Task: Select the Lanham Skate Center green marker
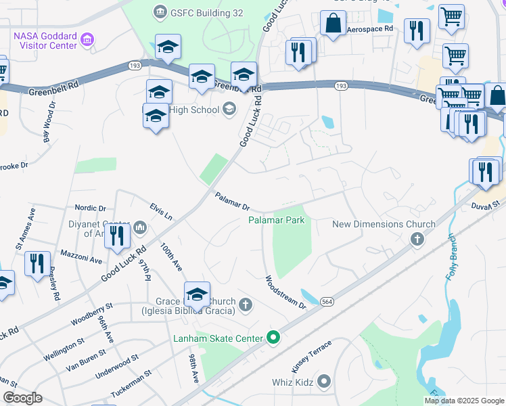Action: pyautogui.click(x=273, y=336)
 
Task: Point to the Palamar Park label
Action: pyautogui.click(x=276, y=220)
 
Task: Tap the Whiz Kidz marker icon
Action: pyautogui.click(x=324, y=382)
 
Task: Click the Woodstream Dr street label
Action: pyautogui.click(x=285, y=292)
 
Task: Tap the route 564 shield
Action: pyautogui.click(x=327, y=302)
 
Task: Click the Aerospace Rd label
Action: pyautogui.click(x=369, y=29)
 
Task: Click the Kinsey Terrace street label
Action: pyautogui.click(x=311, y=355)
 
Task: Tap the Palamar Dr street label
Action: pyautogui.click(x=233, y=201)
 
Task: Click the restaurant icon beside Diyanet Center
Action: pyautogui.click(x=118, y=236)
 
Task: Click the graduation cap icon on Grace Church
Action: pyautogui.click(x=197, y=294)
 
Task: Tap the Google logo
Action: pyautogui.click(x=22, y=398)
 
